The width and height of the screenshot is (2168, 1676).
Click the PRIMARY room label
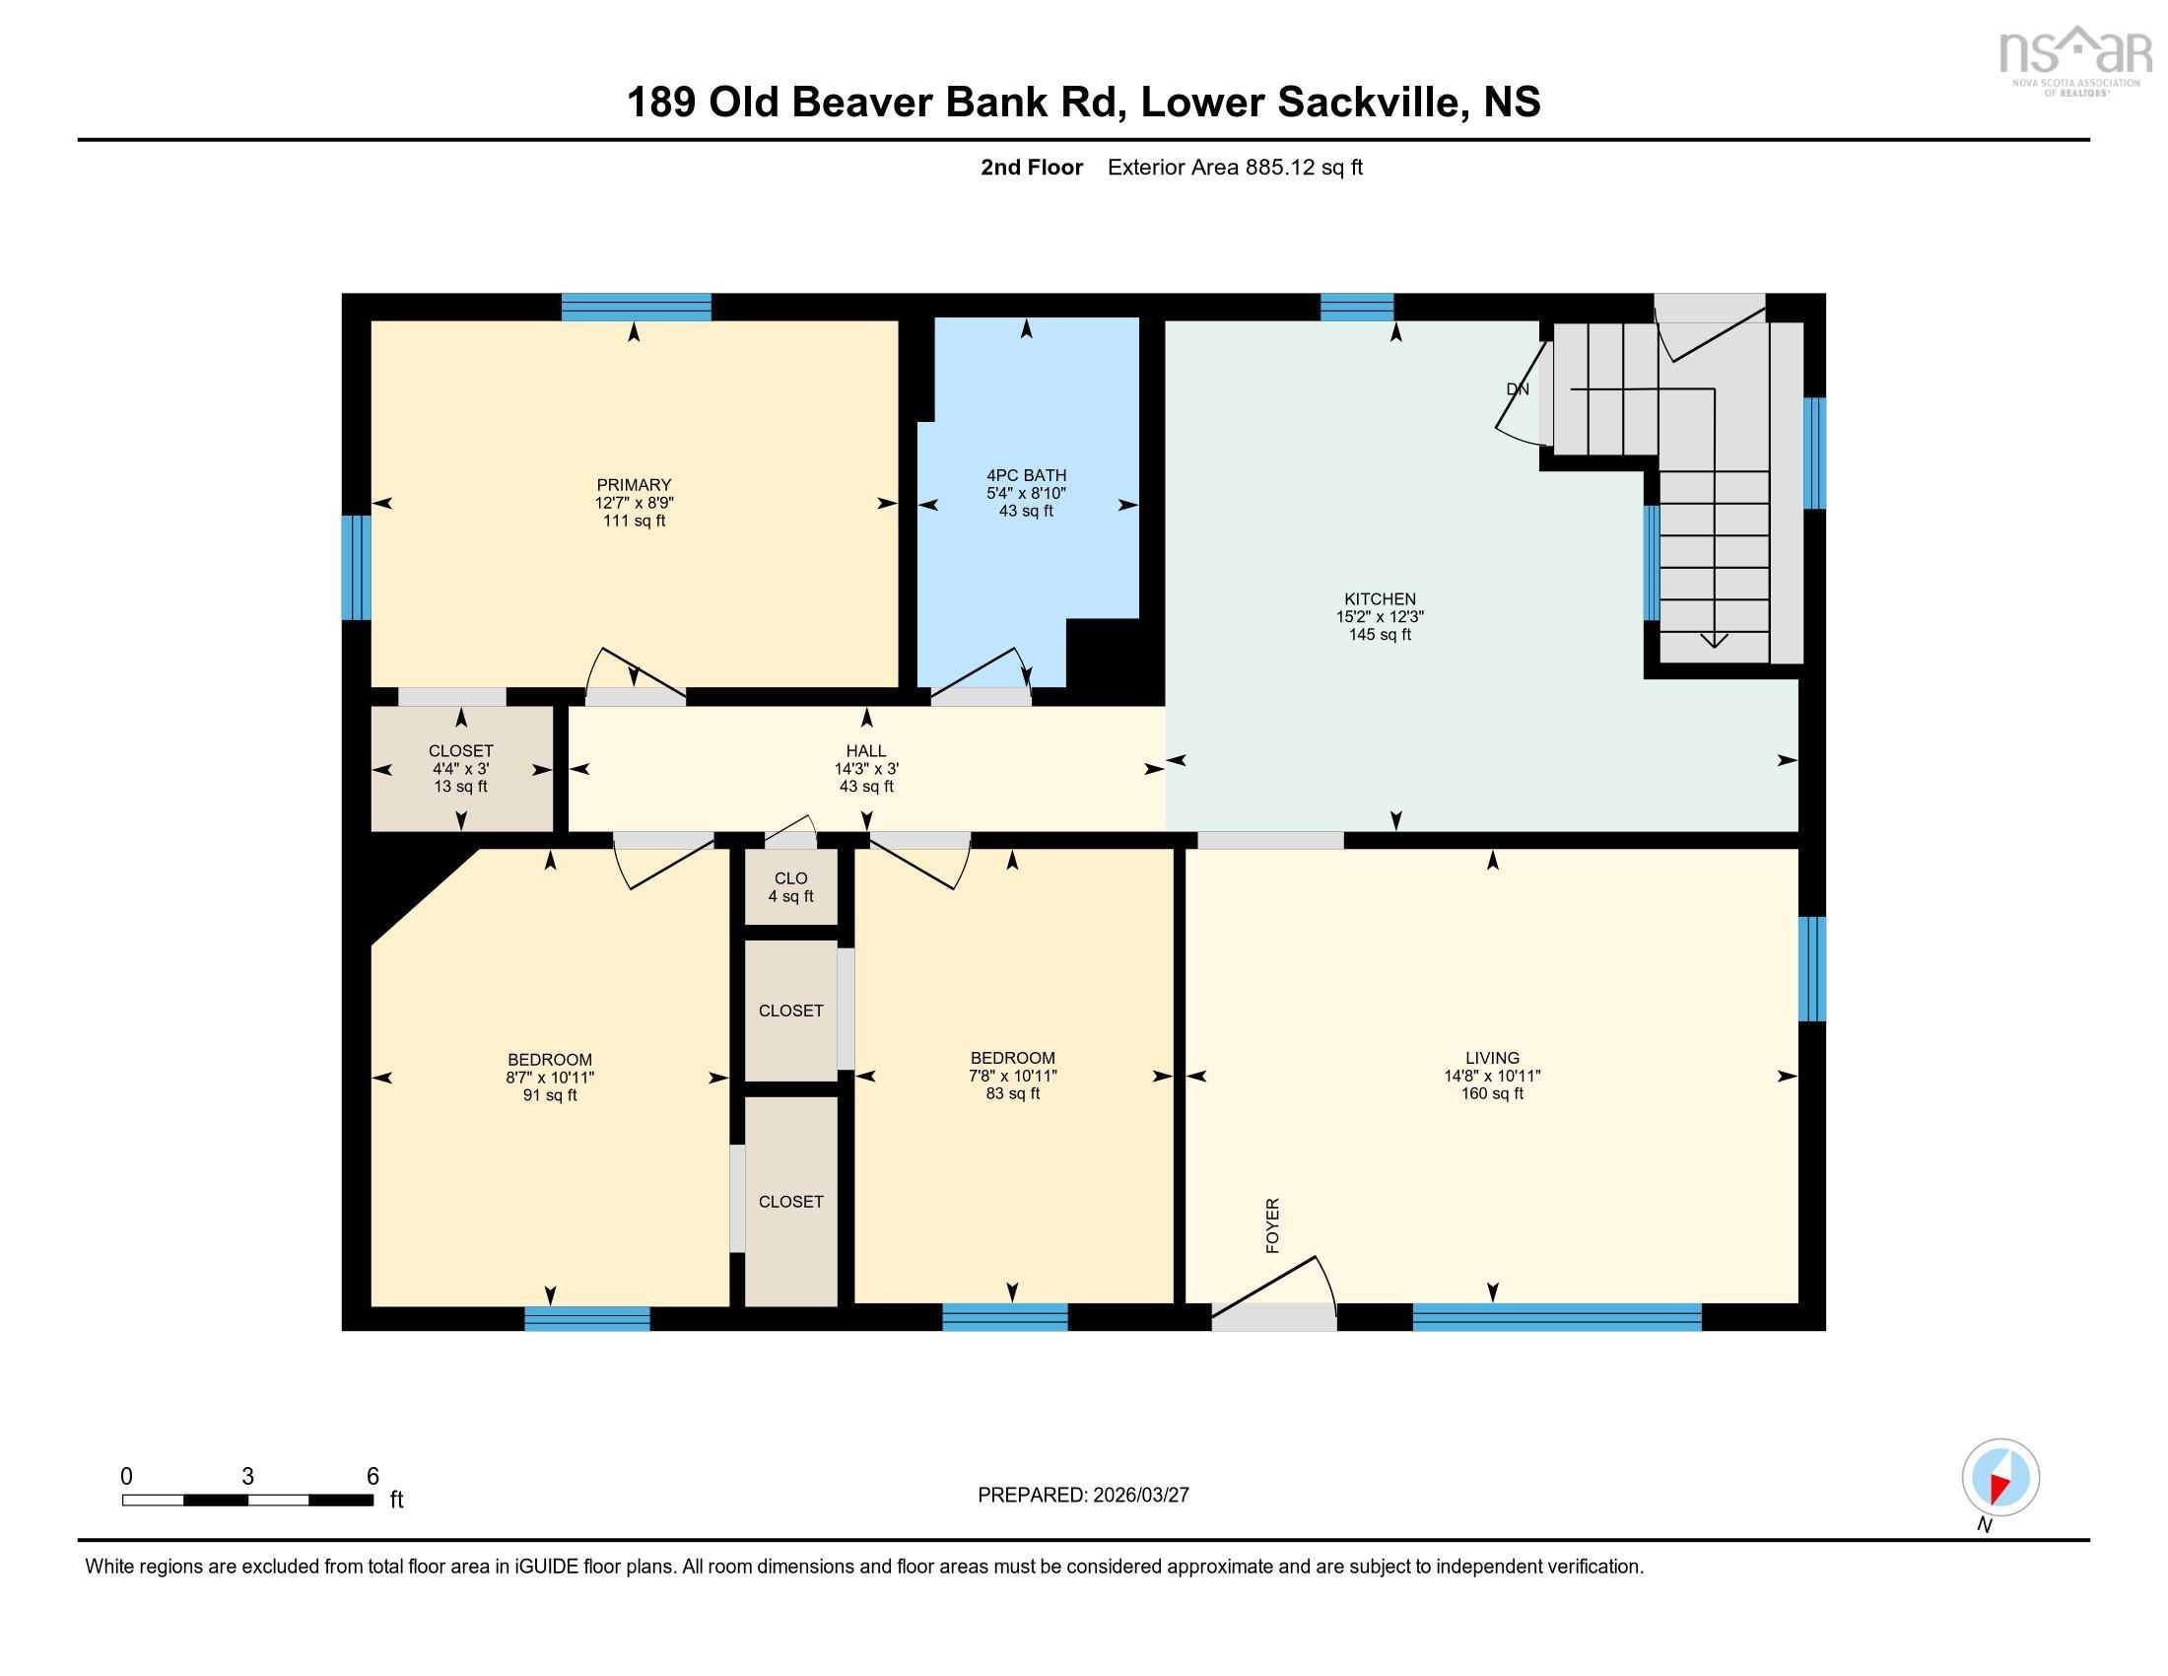point(634,485)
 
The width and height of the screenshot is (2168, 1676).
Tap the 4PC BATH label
point(1026,475)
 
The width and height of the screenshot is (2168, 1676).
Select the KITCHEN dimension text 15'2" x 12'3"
point(1379,616)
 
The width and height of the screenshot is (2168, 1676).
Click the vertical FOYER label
point(1272,1225)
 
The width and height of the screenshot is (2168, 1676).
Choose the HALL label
point(865,751)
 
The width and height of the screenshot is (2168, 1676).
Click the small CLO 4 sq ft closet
point(790,886)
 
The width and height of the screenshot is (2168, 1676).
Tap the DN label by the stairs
point(1517,390)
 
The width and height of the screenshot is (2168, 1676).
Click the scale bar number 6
point(373,1477)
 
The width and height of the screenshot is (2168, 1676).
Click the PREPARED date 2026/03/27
point(1138,1496)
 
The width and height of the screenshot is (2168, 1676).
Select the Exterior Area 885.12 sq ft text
point(1234,168)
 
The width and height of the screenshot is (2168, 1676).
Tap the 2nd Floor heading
point(1031,168)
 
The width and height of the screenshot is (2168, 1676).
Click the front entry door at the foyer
point(1273,1314)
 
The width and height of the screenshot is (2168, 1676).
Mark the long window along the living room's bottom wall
point(1555,1317)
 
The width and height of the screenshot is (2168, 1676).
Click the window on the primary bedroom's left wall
point(356,567)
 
